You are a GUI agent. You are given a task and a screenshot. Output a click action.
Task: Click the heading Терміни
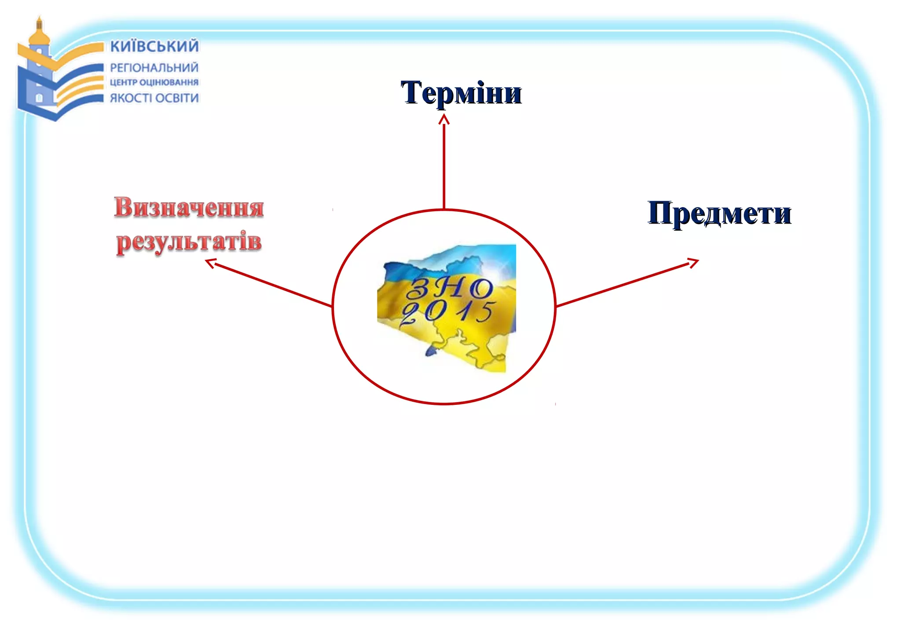(x=461, y=93)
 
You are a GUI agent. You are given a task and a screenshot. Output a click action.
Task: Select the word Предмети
(x=719, y=213)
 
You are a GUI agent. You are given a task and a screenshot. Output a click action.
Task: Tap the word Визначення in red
(x=189, y=207)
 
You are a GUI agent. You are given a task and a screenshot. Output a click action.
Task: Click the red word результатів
(x=189, y=242)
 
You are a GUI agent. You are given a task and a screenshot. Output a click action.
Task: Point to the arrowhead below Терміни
(x=444, y=118)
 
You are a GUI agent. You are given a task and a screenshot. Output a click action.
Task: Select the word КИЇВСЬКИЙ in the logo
(x=154, y=46)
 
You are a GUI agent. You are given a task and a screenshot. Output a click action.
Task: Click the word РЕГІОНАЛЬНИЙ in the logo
(x=154, y=68)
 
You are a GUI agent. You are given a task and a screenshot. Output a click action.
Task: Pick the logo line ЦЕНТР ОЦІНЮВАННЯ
(x=154, y=82)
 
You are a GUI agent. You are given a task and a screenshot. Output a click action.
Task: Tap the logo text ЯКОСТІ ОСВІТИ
(x=154, y=98)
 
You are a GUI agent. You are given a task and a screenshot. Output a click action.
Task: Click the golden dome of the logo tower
(x=39, y=35)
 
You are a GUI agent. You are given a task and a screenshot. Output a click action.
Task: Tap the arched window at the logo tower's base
(x=39, y=98)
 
